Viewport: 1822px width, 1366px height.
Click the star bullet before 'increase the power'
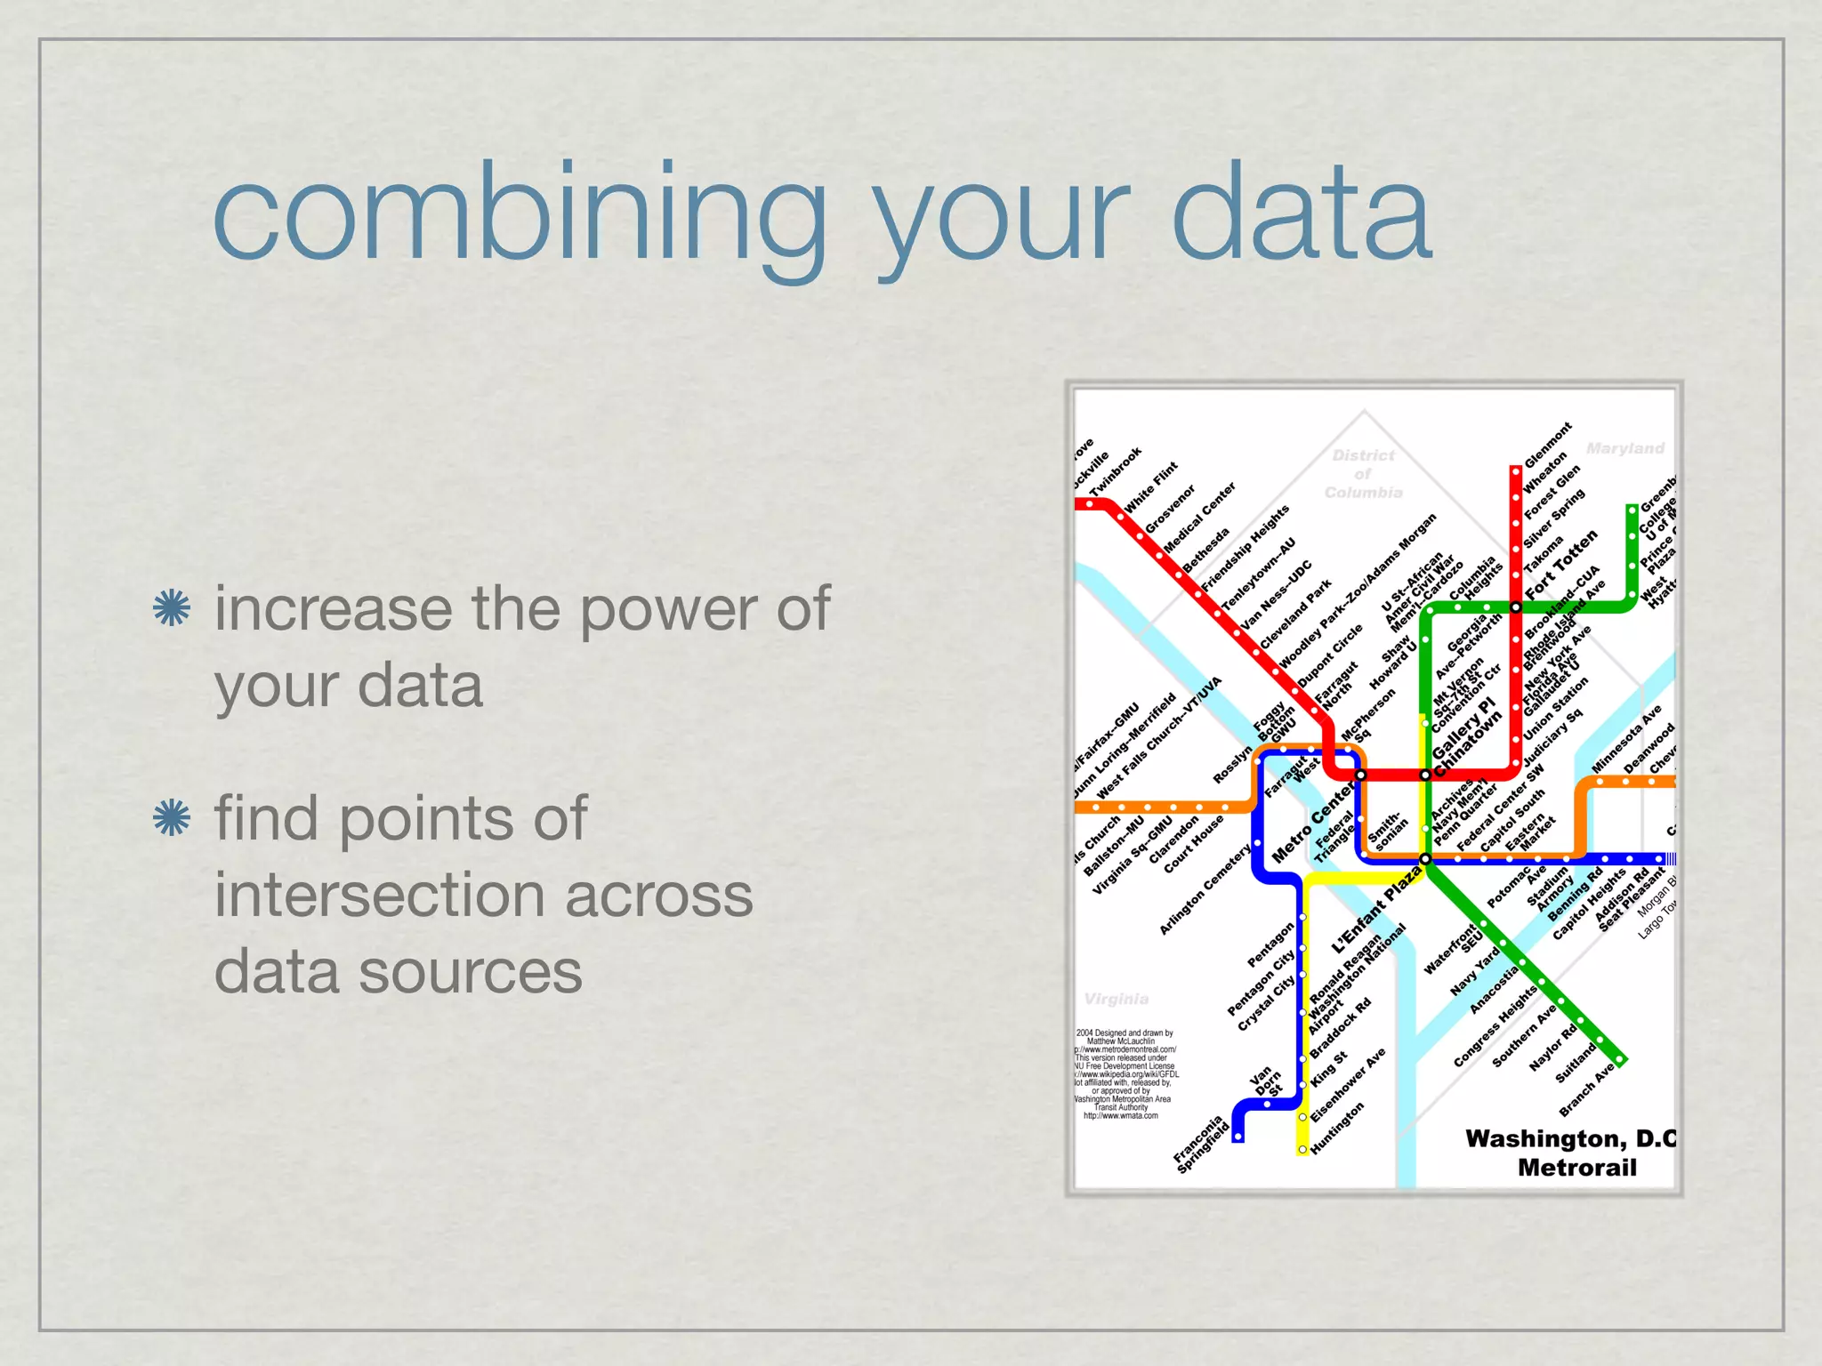pos(172,609)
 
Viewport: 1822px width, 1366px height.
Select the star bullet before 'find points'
pos(172,818)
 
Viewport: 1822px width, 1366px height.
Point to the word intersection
pos(483,895)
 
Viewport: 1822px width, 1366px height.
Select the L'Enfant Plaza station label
pos(1375,910)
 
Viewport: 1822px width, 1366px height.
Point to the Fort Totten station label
pos(1561,564)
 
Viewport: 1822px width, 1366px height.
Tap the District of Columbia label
pos(1363,474)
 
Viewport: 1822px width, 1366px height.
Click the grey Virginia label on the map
pos(1117,999)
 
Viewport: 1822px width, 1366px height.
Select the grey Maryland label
pos(1624,448)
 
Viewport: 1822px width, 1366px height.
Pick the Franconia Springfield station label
pos(1200,1144)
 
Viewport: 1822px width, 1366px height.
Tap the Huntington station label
pos(1337,1128)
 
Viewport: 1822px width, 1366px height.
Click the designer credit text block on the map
pos(1125,1073)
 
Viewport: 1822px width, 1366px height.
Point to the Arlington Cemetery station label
pos(1205,889)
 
